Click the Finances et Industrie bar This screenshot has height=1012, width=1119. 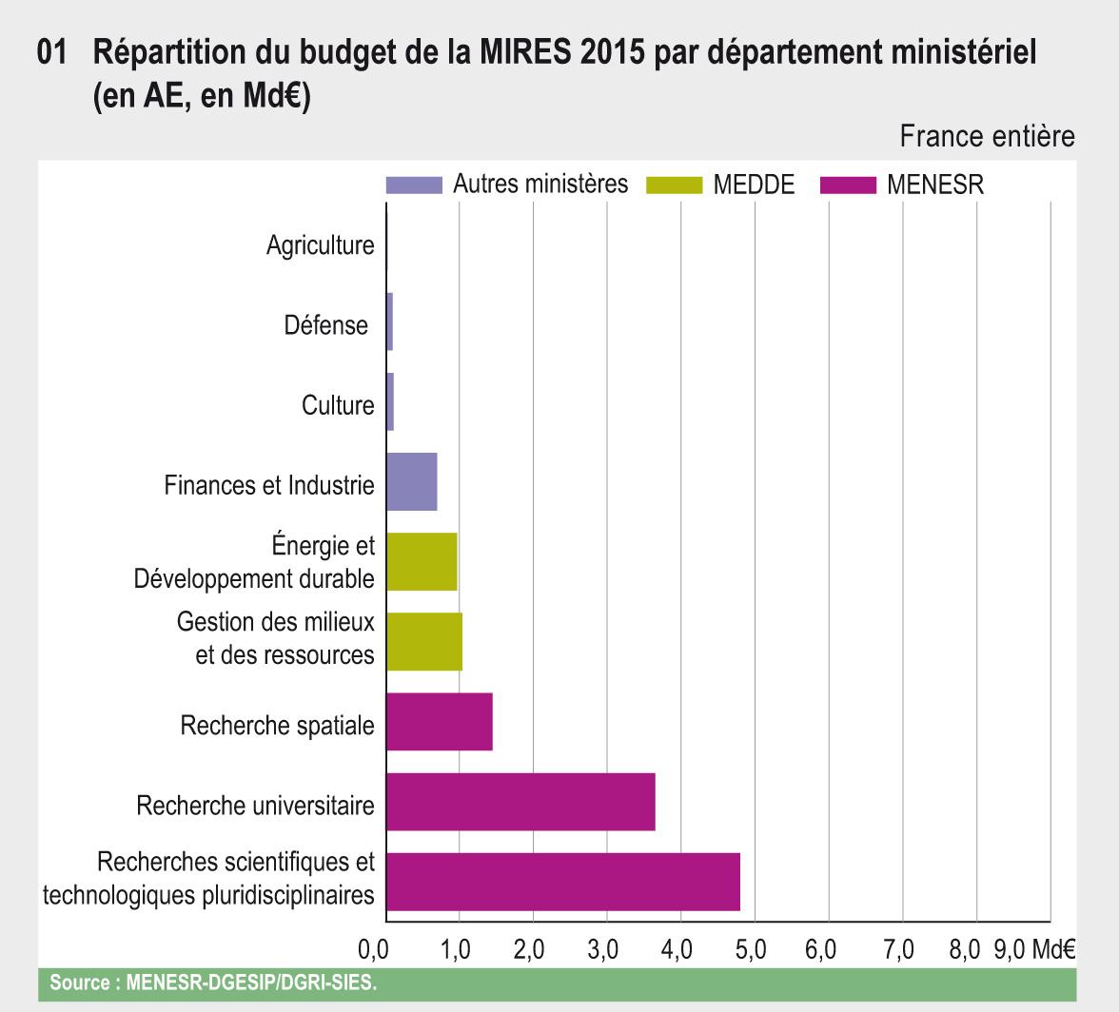click(412, 482)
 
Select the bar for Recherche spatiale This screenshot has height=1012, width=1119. click(440, 722)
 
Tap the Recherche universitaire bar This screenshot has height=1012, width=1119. click(520, 802)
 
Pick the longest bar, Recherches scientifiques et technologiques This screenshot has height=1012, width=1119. click(563, 882)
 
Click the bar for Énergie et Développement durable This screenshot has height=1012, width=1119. click(422, 562)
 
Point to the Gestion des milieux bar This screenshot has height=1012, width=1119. click(424, 642)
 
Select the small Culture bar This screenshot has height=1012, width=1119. click(390, 402)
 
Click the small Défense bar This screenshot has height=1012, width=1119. click(390, 322)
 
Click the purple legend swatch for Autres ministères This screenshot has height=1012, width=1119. click(414, 185)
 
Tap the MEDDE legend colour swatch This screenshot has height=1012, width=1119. click(674, 185)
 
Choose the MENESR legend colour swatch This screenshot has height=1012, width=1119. click(847, 185)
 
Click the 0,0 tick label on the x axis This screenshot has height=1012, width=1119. click(373, 950)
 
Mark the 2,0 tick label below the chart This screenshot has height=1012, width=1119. click(528, 950)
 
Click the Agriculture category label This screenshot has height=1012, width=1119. click(320, 245)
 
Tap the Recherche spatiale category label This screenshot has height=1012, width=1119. click(277, 726)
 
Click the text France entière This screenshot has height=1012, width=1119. click(987, 137)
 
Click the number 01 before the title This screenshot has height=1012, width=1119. click(51, 54)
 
